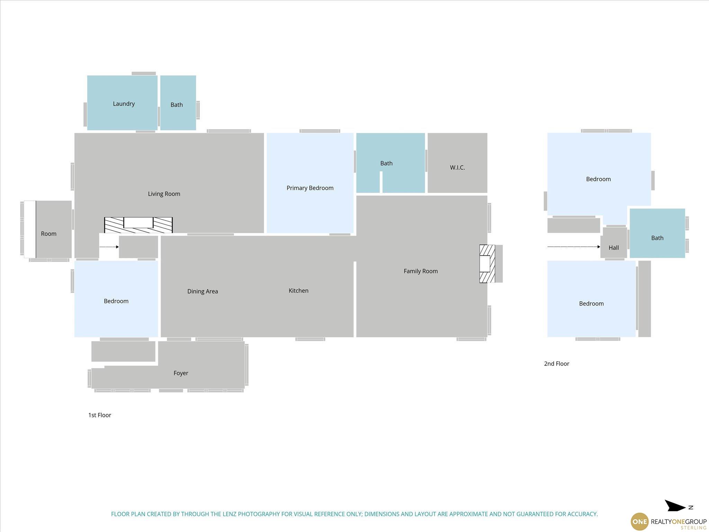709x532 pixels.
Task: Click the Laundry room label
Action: coord(124,104)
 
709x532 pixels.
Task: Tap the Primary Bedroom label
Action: coord(310,188)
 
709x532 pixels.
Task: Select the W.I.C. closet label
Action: coord(457,168)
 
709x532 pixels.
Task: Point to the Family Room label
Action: coord(421,271)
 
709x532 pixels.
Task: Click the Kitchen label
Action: coord(298,291)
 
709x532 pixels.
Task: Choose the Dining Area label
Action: coord(203,291)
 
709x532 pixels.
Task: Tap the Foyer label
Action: coord(181,373)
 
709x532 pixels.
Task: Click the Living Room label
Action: coord(164,194)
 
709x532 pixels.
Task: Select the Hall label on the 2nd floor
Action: coord(613,248)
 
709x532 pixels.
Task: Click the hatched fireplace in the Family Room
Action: coord(487,264)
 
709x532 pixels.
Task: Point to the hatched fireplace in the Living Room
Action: coord(138,225)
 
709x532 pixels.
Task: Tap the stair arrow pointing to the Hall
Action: coord(574,247)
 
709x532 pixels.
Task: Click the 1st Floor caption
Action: coord(100,415)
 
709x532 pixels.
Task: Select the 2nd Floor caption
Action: coord(557,364)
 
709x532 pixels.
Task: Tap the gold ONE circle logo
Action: coord(639,522)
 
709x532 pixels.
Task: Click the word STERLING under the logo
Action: coord(693,528)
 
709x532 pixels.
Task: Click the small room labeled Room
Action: coord(48,234)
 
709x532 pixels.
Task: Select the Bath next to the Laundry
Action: coord(178,103)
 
